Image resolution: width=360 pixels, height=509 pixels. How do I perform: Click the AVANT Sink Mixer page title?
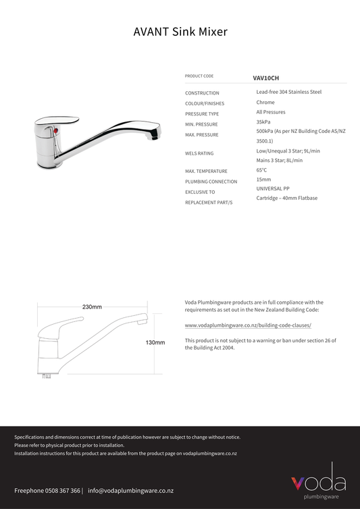click(x=180, y=32)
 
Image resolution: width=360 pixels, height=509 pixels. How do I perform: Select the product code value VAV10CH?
click(x=265, y=78)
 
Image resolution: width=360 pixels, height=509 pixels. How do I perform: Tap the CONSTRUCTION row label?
click(x=202, y=93)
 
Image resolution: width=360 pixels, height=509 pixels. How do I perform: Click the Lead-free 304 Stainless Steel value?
click(x=288, y=92)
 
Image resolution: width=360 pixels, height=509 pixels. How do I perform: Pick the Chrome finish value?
click(x=265, y=103)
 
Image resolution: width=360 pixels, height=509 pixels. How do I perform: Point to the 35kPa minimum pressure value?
click(x=263, y=122)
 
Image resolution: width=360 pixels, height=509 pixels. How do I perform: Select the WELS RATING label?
click(x=199, y=154)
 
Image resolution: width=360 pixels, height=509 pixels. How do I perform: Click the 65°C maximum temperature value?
click(x=261, y=171)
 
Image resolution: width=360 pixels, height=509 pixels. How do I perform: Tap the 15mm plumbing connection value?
click(x=263, y=180)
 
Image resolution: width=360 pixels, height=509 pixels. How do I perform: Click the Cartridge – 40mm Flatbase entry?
click(x=286, y=198)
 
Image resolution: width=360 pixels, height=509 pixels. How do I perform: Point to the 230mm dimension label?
click(x=92, y=307)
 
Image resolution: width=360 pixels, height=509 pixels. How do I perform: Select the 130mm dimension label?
click(x=155, y=343)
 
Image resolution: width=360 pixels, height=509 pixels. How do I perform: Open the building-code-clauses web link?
click(x=248, y=325)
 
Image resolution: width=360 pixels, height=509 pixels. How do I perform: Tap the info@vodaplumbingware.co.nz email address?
click(x=131, y=491)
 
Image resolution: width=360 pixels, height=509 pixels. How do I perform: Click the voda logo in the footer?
click(x=318, y=481)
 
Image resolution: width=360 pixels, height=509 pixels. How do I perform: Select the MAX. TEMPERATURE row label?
click(x=206, y=171)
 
